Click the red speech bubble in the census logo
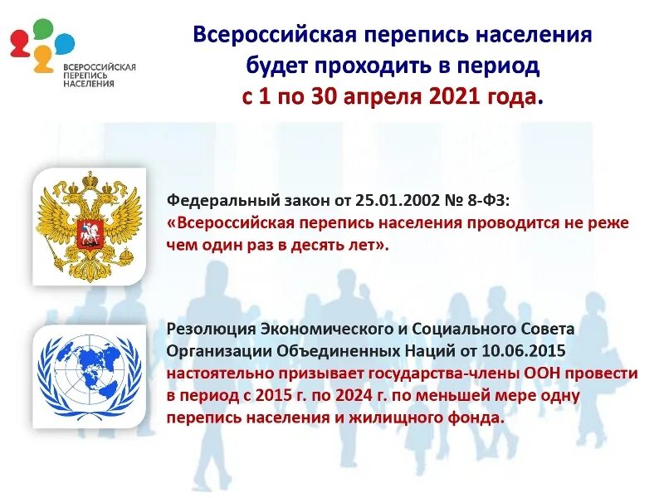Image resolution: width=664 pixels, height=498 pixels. (x=19, y=42)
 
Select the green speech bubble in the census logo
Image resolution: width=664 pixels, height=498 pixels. (x=42, y=30)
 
